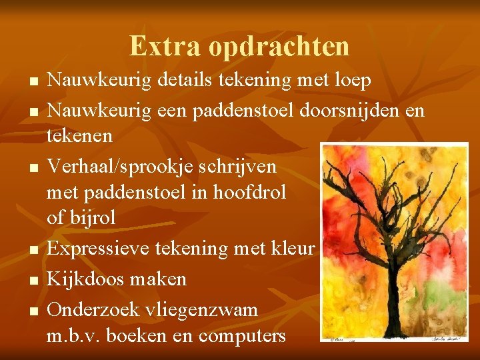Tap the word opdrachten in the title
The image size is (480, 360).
click(x=279, y=46)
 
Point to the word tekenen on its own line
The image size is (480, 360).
click(x=80, y=136)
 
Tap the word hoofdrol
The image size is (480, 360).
click(x=249, y=192)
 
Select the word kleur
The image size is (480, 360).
click(x=292, y=249)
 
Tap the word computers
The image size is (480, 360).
click(x=243, y=335)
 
